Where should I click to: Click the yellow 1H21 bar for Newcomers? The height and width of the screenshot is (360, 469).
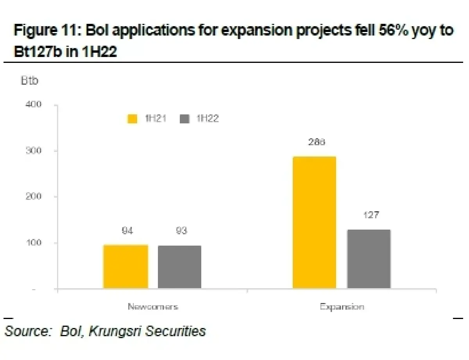126,267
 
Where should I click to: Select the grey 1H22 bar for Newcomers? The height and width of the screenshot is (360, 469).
179,267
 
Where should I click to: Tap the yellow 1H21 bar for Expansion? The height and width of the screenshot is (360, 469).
314,223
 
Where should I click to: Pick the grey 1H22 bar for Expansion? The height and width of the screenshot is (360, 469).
369,259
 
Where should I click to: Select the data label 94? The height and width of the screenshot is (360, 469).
127,231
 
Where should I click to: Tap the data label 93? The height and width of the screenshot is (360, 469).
181,231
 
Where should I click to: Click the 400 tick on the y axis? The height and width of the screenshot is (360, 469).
34,105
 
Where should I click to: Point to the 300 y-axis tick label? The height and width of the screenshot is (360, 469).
34,151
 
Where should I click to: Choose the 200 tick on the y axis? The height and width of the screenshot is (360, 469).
34,196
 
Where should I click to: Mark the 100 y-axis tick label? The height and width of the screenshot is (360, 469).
34,243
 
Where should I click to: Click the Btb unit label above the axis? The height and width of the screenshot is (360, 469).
29,81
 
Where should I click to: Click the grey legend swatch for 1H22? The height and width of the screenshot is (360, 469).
184,119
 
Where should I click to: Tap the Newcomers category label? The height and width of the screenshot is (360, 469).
153,307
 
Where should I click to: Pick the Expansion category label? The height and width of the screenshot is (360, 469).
342,307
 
